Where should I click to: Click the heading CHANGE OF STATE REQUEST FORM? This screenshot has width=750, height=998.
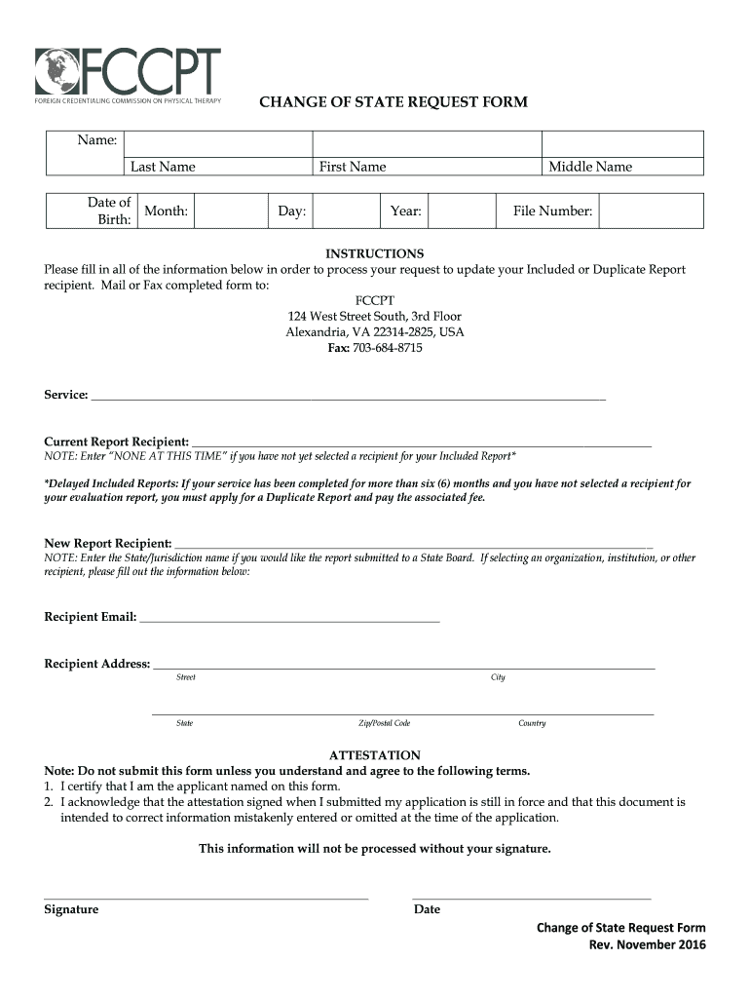point(393,101)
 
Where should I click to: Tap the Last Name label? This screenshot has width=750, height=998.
point(163,167)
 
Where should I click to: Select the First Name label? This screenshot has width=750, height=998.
point(353,167)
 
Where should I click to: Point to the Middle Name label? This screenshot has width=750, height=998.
point(589,167)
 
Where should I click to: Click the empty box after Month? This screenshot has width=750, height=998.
point(229,211)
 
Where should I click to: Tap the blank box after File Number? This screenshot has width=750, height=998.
point(650,211)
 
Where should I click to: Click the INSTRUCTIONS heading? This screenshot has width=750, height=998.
point(374,253)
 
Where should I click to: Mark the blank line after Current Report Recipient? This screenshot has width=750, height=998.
point(421,443)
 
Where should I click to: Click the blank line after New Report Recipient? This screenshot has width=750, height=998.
point(413,545)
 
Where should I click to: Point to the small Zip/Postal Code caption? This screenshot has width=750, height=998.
point(384,723)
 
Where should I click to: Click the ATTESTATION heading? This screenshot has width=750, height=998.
point(375,755)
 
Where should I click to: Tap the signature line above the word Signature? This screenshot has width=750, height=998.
point(206,896)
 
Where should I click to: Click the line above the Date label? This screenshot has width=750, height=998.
point(531,896)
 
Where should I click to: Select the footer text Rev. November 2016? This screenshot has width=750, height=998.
point(647,945)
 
